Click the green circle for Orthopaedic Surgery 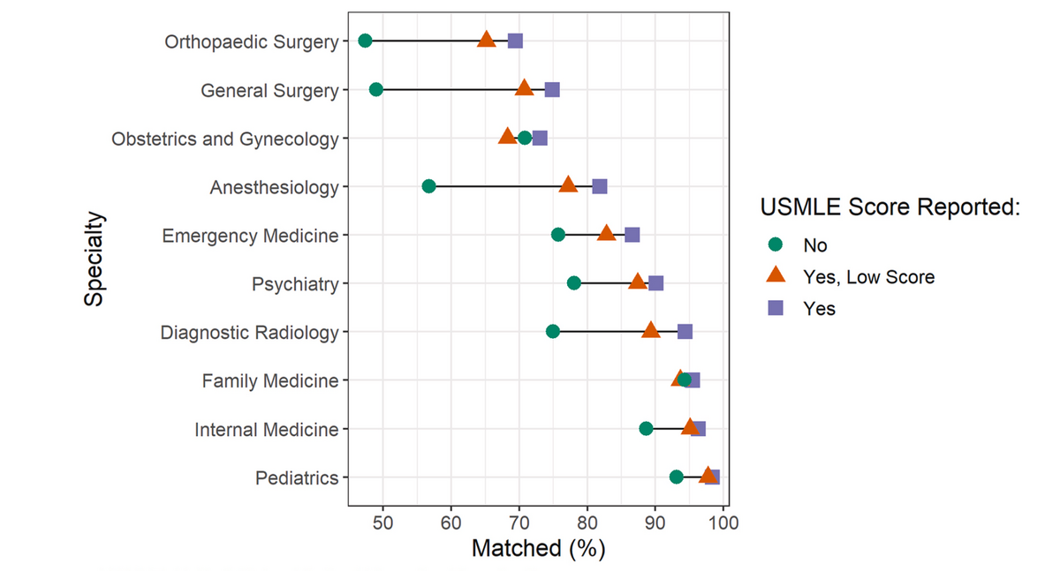tap(365, 41)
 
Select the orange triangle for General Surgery tap(524, 88)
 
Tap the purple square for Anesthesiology tap(600, 186)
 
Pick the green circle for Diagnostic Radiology tap(553, 332)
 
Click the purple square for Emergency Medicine tap(632, 235)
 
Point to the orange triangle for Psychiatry tap(637, 282)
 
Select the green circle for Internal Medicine tap(646, 429)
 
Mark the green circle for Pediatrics tap(677, 477)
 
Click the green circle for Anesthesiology tap(429, 186)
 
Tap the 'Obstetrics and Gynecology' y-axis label tap(225, 139)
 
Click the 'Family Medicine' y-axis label tap(269, 381)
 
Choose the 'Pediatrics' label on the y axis tap(297, 478)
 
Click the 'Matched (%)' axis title tap(538, 548)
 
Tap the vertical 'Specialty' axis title tap(95, 259)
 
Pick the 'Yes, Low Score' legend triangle tap(776, 276)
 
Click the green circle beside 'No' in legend tap(776, 245)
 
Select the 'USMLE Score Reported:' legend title tap(890, 207)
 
